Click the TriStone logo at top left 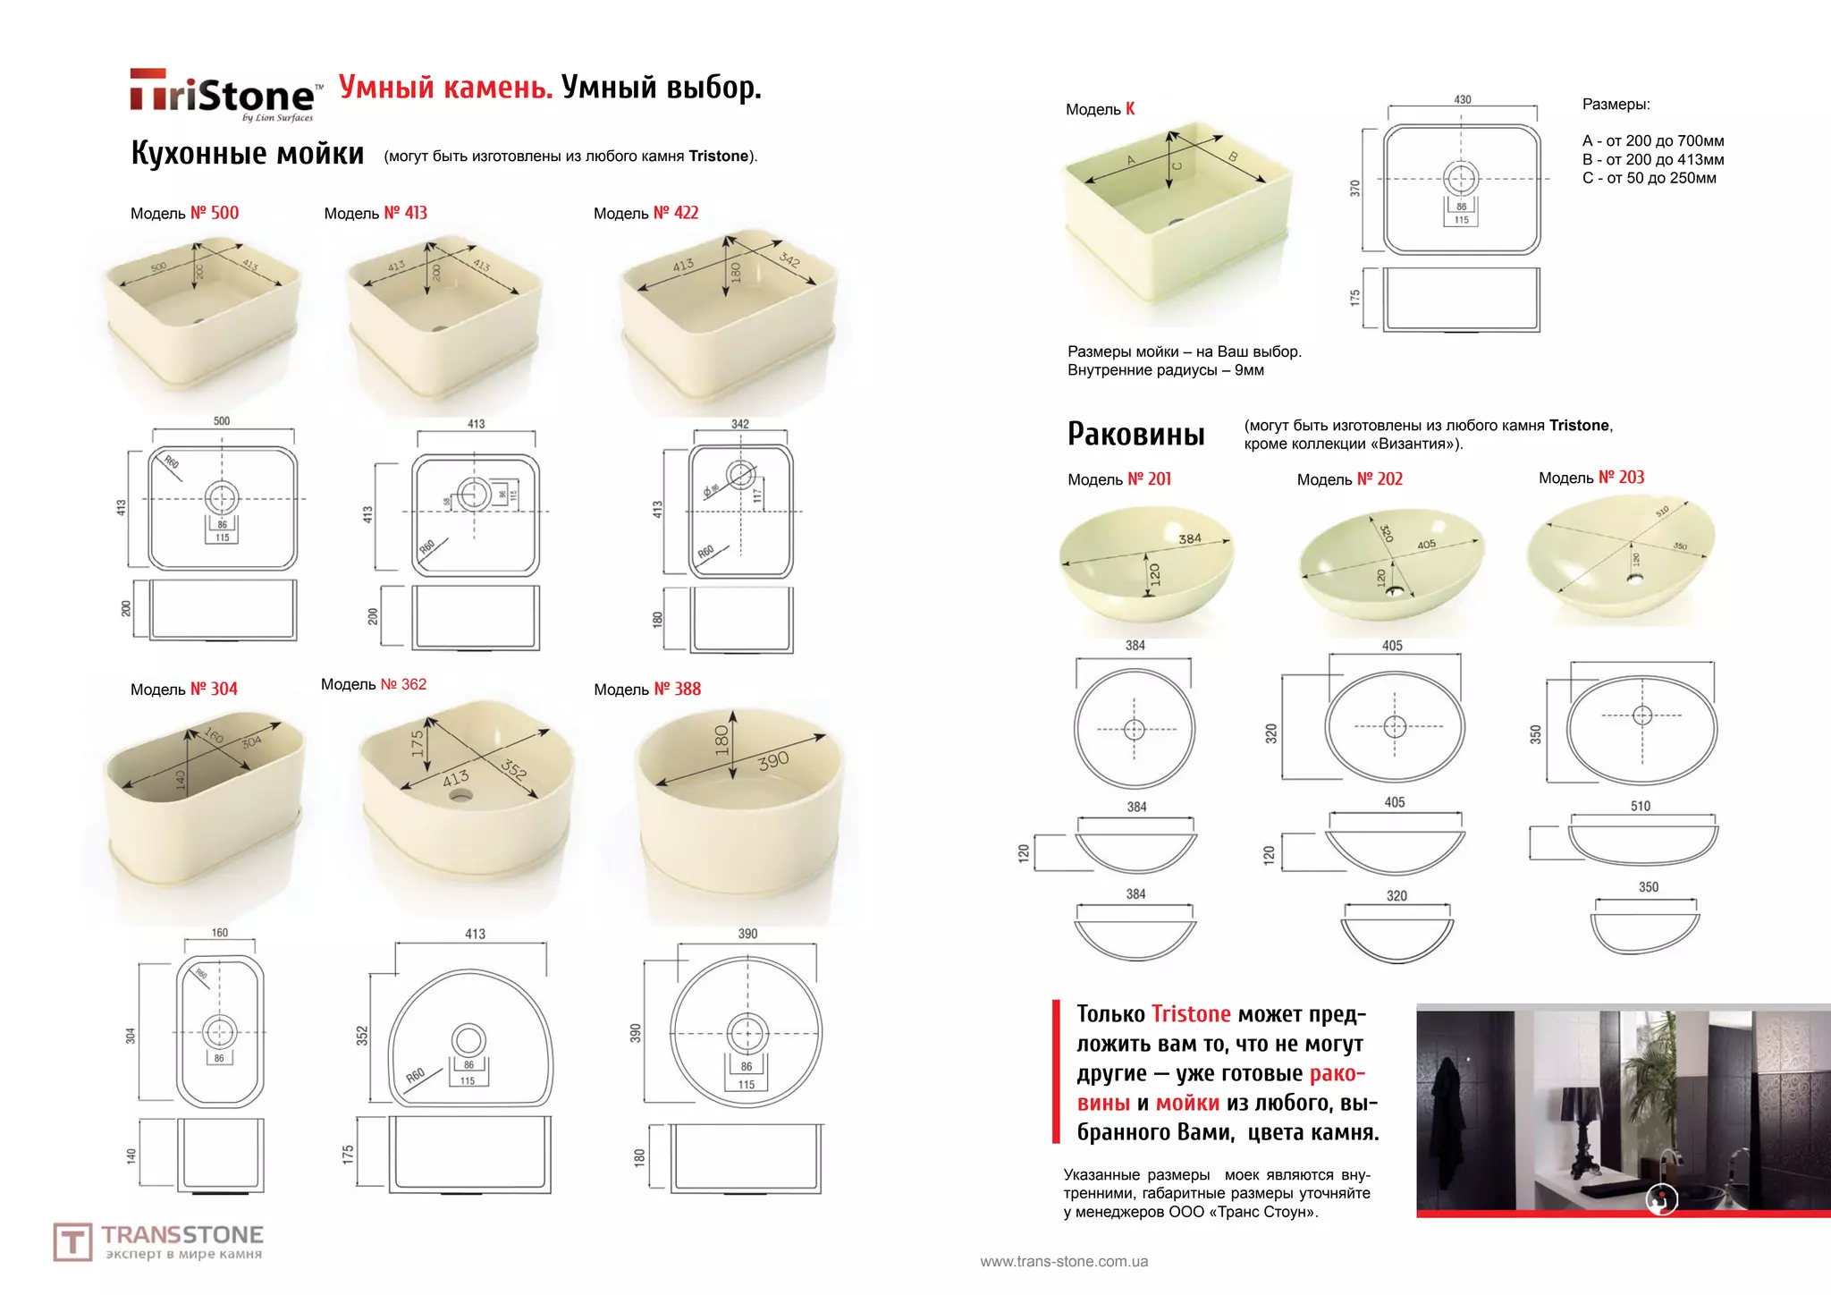click(x=223, y=94)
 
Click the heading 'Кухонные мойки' click(x=248, y=154)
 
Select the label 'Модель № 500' click(x=184, y=213)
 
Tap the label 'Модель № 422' click(x=645, y=213)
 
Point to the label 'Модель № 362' click(x=373, y=684)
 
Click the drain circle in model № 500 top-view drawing click(x=222, y=498)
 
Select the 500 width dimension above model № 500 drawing click(x=222, y=420)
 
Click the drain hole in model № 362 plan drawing click(x=468, y=1040)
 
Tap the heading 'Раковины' click(x=1135, y=435)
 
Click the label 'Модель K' click(x=1100, y=109)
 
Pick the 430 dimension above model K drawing click(x=1462, y=99)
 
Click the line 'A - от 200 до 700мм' click(x=1652, y=141)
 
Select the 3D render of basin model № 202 click(x=1390, y=563)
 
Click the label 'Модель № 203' click(x=1591, y=478)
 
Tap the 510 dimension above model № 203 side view click(x=1640, y=806)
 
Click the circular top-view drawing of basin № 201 click(x=1134, y=729)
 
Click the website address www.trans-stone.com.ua click(x=1063, y=1261)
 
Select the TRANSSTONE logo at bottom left click(x=158, y=1241)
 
